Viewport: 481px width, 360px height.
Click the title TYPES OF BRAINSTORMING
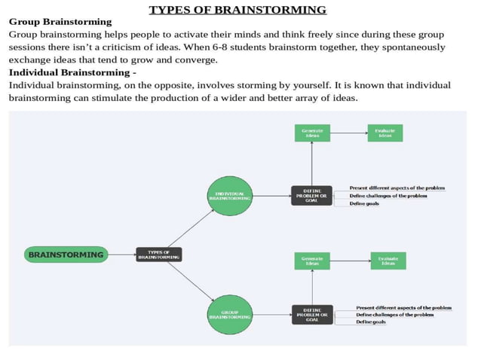[237, 10]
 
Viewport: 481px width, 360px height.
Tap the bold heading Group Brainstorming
[60, 22]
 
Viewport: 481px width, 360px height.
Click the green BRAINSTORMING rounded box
[66, 255]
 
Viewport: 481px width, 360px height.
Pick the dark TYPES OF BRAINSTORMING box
[158, 255]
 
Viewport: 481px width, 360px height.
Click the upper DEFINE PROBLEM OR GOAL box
[311, 195]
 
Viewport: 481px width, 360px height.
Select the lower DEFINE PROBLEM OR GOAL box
[311, 315]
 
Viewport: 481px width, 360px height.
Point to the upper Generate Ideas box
[312, 133]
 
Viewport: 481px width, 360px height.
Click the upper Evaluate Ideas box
[385, 133]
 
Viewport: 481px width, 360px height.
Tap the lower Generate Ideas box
[312, 261]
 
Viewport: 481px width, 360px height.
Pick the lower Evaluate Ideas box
[388, 261]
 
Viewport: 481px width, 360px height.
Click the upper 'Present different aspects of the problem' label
[397, 188]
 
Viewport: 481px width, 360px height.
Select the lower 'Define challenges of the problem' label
[394, 315]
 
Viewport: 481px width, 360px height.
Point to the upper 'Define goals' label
[364, 203]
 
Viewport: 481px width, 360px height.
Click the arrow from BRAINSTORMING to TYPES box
[121, 255]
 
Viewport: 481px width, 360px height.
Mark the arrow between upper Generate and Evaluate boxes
[348, 133]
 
